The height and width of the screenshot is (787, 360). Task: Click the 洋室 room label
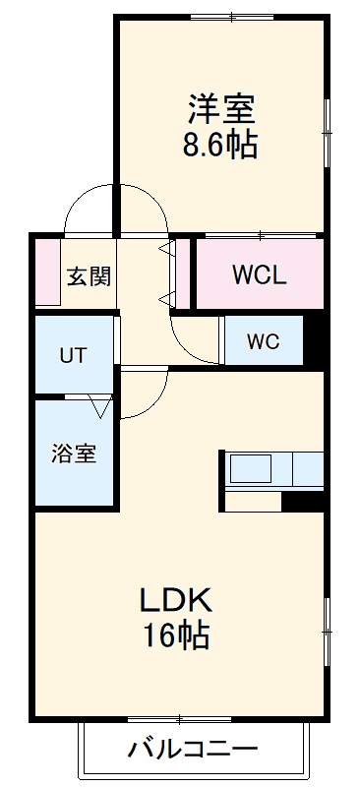click(x=221, y=106)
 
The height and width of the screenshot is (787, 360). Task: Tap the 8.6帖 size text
click(x=221, y=145)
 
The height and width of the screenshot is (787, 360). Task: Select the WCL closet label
click(x=259, y=275)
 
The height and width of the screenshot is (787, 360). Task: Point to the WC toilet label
click(x=263, y=341)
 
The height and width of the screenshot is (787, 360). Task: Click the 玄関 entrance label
click(x=88, y=275)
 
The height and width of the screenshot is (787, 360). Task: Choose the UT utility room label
click(x=73, y=355)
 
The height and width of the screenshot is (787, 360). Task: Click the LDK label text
click(x=175, y=599)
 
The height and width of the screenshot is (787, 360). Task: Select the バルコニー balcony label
click(x=193, y=750)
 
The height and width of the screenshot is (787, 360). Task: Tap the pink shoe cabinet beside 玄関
click(x=46, y=272)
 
